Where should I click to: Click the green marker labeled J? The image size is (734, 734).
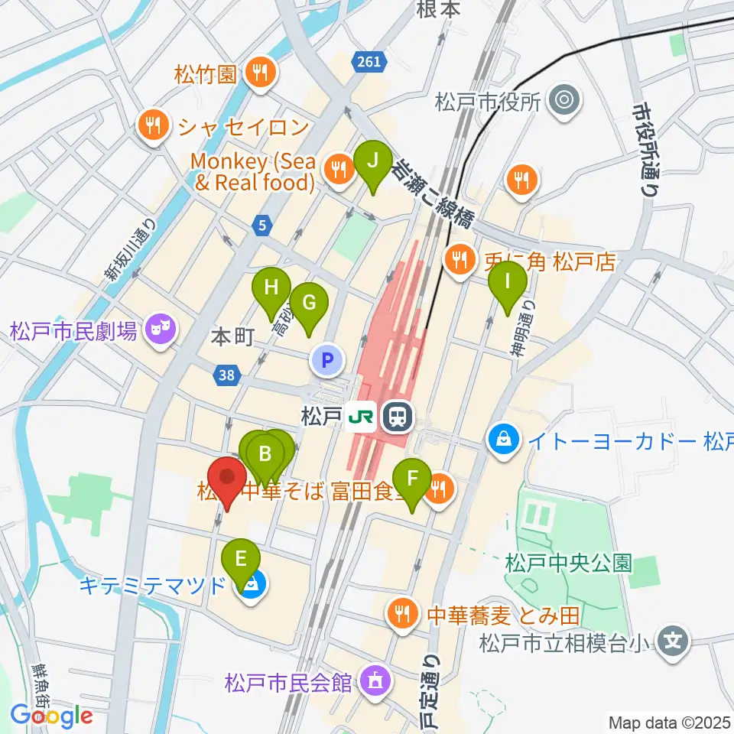[372, 162]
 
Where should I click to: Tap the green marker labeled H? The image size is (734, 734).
[271, 288]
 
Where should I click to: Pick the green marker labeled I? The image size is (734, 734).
[508, 282]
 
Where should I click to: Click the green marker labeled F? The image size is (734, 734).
[413, 480]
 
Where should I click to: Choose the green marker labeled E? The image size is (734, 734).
[241, 560]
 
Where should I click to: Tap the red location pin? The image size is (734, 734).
[227, 479]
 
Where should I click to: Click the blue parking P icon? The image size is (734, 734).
[327, 359]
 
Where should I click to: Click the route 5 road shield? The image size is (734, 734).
[262, 226]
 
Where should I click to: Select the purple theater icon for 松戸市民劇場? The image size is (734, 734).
[161, 331]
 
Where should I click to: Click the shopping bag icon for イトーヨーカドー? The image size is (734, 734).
[505, 440]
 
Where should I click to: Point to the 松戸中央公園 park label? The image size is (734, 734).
[569, 563]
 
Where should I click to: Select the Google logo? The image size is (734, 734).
[51, 716]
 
